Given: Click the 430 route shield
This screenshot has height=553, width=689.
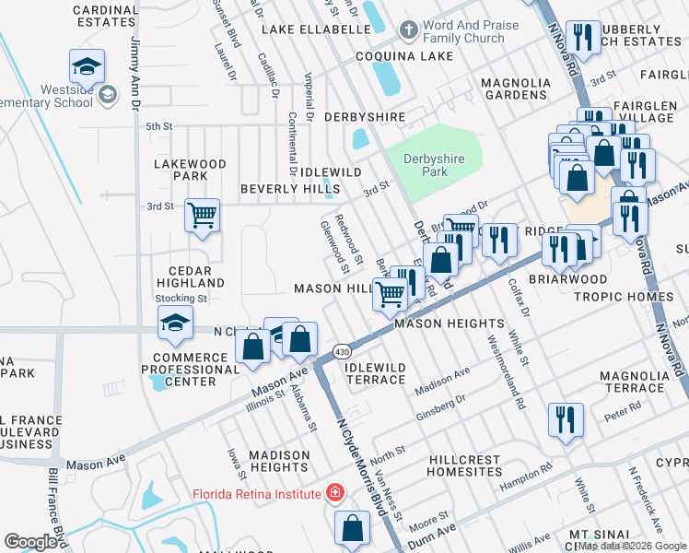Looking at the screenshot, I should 342,351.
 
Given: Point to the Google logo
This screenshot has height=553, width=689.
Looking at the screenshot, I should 30,542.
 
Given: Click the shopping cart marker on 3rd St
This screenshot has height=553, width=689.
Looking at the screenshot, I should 202,217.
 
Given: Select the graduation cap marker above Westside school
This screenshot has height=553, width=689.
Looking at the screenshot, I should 87,66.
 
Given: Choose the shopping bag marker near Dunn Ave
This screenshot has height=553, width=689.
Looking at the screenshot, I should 352,528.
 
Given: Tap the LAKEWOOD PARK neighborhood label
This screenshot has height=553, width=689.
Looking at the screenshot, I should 191,170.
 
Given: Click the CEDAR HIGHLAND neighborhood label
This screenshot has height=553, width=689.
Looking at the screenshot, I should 191,276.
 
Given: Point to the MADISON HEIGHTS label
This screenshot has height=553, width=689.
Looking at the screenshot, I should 279,461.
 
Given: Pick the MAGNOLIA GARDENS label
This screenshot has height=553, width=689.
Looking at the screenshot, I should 515,88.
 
